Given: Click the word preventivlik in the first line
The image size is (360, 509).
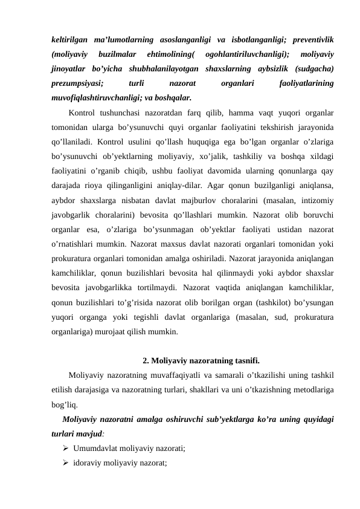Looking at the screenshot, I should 313,40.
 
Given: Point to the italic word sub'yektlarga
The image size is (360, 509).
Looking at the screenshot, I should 223,418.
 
